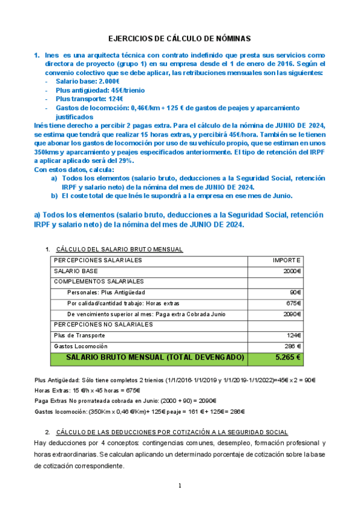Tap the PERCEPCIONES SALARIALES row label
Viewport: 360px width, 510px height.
98,260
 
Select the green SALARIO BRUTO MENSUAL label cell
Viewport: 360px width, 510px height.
155,357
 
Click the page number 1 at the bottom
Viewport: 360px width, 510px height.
180,486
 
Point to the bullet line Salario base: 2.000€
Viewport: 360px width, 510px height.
88,81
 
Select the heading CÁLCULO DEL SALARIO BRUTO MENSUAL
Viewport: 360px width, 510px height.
119,250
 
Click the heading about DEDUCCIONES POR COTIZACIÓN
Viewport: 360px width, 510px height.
171,432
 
